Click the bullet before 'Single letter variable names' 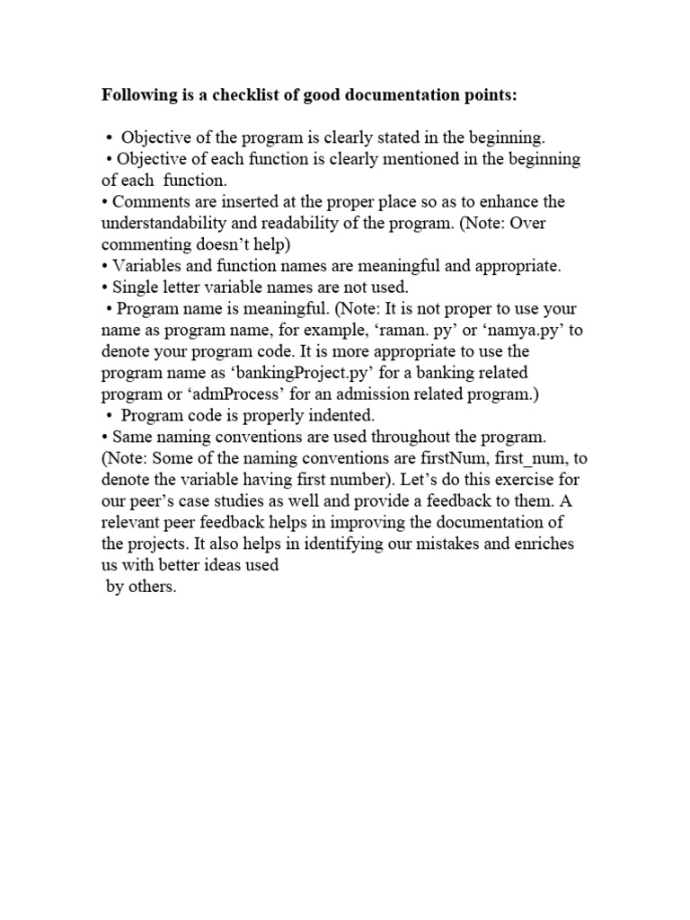(104, 287)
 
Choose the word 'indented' (345, 416)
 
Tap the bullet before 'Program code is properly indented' (110, 416)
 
